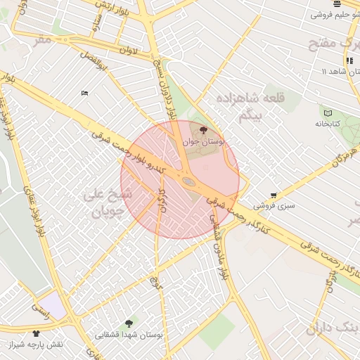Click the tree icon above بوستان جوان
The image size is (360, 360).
(204, 130)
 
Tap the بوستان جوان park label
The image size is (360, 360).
(204, 141)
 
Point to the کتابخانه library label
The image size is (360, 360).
(327, 123)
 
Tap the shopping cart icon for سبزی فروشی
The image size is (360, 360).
(274, 195)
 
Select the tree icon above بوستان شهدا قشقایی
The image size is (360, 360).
(129, 323)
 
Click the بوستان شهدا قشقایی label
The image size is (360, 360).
(129, 335)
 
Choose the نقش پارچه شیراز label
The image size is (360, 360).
(37, 345)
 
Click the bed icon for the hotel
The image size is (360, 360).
(84, 93)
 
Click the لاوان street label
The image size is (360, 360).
(129, 51)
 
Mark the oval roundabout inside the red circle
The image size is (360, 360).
(188, 183)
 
